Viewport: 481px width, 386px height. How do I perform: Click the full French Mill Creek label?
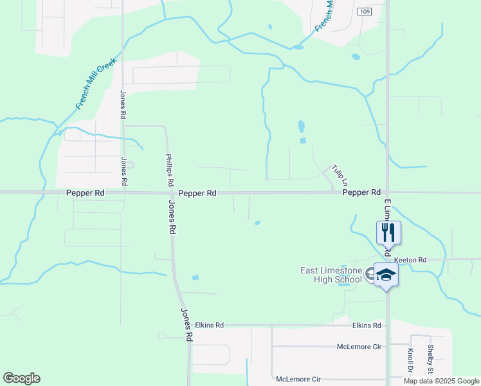(x=95, y=84)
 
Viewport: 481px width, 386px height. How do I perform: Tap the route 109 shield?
(x=365, y=12)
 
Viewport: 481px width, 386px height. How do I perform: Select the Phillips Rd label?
(x=169, y=170)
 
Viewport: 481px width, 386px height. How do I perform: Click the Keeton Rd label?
(x=410, y=260)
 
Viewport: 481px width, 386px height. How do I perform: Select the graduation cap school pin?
(x=386, y=275)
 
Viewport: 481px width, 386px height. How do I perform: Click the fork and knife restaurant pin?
(x=388, y=232)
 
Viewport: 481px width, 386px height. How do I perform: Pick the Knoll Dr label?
(x=410, y=361)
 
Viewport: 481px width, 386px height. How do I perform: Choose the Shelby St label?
(x=430, y=358)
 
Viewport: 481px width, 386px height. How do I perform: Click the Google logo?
(x=21, y=378)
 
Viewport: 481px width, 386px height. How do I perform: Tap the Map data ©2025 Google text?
(x=440, y=381)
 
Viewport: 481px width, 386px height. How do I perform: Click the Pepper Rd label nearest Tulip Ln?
(x=361, y=192)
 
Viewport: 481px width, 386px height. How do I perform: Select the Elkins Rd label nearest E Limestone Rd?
(x=367, y=326)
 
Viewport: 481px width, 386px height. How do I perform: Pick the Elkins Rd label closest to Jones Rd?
(x=210, y=326)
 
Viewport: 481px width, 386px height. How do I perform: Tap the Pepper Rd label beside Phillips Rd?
(x=197, y=193)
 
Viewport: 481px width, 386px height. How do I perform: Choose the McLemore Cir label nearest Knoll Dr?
(x=359, y=347)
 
